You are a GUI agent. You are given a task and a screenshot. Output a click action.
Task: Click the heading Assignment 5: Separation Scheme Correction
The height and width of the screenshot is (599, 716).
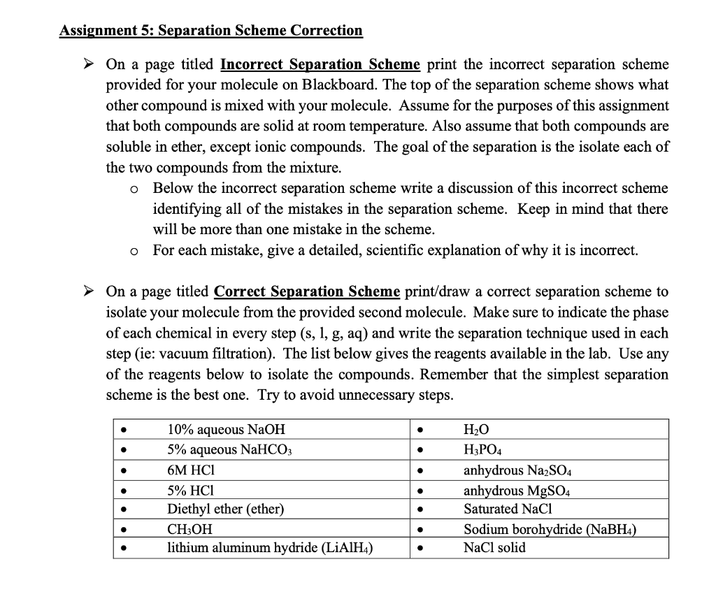tap(211, 31)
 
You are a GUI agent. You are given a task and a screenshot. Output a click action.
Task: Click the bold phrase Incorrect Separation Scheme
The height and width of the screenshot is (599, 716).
tap(320, 65)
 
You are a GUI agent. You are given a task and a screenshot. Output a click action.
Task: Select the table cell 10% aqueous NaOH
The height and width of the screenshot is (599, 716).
tap(227, 430)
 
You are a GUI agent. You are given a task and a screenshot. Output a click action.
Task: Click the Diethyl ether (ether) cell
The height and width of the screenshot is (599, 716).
tap(226, 509)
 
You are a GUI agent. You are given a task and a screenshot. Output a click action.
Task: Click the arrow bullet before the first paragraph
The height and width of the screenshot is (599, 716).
tap(88, 65)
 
